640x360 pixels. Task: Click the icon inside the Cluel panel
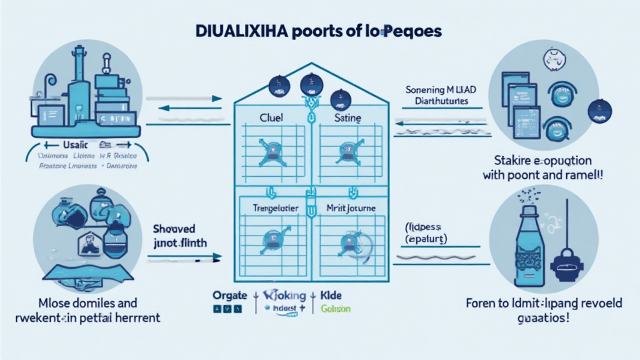(272, 150)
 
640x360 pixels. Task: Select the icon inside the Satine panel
(346, 150)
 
